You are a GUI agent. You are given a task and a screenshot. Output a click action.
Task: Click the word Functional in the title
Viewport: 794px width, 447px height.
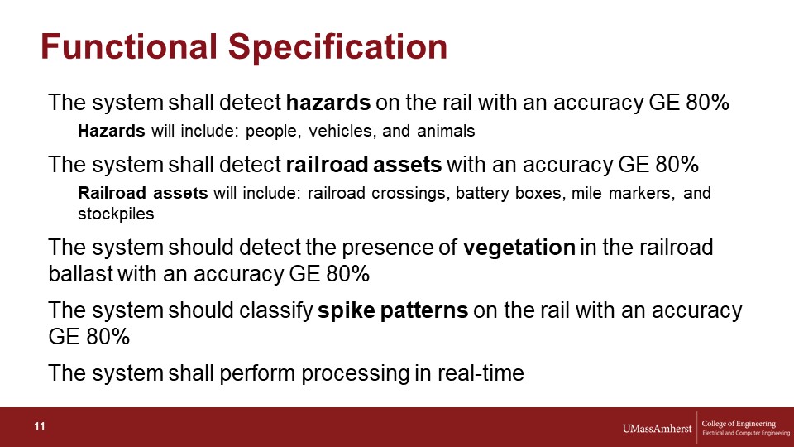click(129, 46)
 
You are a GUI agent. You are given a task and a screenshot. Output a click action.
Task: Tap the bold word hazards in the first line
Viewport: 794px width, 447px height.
click(328, 103)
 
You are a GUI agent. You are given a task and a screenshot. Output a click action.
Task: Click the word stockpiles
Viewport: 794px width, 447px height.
click(116, 214)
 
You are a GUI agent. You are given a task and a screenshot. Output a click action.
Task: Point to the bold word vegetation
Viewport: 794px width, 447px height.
click(519, 248)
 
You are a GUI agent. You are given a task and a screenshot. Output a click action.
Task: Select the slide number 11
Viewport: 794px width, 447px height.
click(40, 427)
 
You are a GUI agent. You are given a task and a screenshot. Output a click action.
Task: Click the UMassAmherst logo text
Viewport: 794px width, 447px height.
click(657, 429)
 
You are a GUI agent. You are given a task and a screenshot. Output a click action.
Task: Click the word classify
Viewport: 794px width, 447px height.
click(275, 311)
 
